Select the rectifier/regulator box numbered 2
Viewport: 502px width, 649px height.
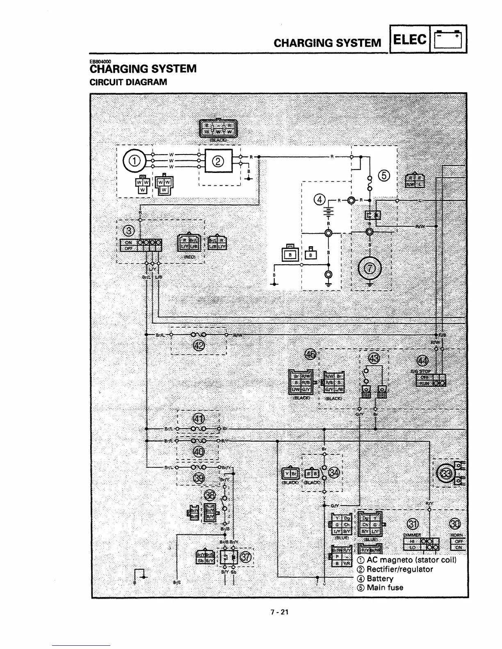point(219,161)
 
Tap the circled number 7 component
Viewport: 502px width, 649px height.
point(370,269)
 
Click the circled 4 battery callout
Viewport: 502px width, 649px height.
point(319,200)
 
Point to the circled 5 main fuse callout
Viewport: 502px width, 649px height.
point(384,176)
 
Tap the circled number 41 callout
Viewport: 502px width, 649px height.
point(199,419)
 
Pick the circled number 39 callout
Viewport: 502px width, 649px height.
point(199,478)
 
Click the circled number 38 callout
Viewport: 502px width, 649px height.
point(210,495)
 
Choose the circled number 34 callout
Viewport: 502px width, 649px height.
point(334,472)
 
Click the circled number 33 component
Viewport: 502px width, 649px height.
point(446,474)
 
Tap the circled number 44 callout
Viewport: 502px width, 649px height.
point(422,361)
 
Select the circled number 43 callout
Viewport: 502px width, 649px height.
point(374,358)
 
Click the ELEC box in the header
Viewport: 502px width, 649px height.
point(410,39)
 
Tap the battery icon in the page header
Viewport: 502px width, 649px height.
point(449,39)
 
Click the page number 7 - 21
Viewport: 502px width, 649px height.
point(279,612)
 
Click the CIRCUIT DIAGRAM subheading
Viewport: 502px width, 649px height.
point(128,82)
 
